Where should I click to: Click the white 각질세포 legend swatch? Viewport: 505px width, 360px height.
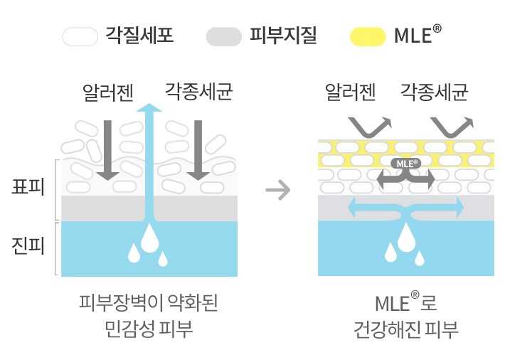(x=80, y=36)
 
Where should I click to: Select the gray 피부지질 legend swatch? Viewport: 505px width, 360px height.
(x=223, y=36)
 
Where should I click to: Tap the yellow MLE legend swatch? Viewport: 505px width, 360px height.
(x=368, y=36)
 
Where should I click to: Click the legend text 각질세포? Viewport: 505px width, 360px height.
(x=139, y=35)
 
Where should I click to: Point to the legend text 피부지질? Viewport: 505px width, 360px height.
(x=283, y=35)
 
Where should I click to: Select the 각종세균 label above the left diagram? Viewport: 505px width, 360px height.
(x=199, y=92)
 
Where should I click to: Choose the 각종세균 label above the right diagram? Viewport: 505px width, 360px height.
(x=435, y=92)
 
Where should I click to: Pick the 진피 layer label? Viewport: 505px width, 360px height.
(x=28, y=246)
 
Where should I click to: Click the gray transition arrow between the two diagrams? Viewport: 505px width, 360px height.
(x=282, y=190)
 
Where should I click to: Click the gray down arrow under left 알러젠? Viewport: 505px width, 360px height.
(x=107, y=149)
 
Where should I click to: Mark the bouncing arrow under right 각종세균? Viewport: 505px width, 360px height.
(x=451, y=127)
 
